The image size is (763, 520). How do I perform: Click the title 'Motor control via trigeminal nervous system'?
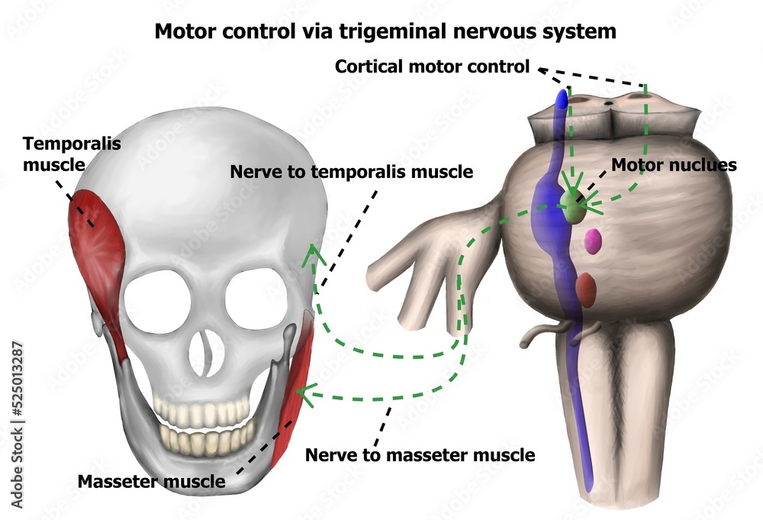tap(385, 31)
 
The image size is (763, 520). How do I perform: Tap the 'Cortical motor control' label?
tap(432, 67)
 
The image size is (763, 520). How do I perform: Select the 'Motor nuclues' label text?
tap(674, 165)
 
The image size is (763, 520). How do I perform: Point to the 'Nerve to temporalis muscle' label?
tap(351, 172)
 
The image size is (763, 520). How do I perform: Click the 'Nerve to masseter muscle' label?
tap(420, 455)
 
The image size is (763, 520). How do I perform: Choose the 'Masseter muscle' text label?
tap(152, 481)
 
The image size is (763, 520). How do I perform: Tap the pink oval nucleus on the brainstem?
tap(592, 242)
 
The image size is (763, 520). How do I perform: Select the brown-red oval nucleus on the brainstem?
tap(585, 289)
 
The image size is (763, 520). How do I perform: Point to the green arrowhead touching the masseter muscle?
tap(303, 393)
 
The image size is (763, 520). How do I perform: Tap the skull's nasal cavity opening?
tap(205, 354)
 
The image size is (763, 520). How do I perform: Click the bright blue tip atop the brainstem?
tap(562, 99)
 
